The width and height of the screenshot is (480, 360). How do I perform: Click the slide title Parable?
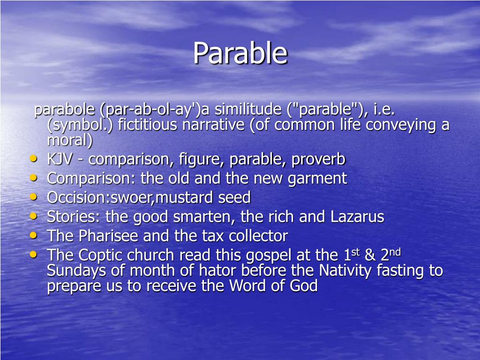240,53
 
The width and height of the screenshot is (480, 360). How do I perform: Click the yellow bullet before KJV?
33,159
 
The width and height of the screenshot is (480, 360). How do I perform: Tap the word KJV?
60,159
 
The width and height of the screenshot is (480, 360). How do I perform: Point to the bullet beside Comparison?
33,178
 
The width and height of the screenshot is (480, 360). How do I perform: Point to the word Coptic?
99,255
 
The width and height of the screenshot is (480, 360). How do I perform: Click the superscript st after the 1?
355,252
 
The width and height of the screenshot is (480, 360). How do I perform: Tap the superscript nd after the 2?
395,252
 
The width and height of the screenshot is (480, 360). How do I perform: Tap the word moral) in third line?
70,140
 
